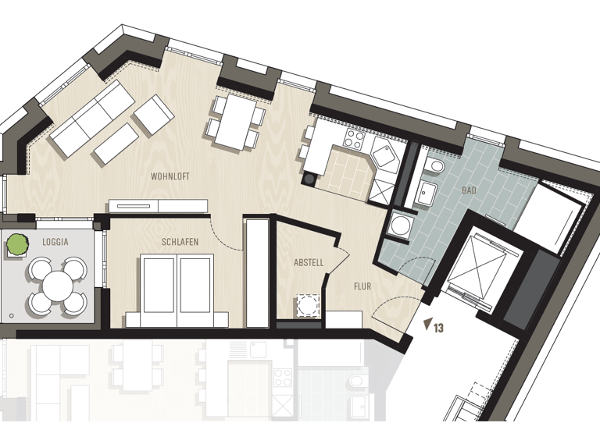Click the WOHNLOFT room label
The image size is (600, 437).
170,176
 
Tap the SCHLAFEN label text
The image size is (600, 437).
180,242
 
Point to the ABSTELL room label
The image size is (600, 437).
309,263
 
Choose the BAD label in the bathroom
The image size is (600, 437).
469,190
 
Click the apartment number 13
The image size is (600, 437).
438,329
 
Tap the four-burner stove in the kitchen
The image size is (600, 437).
354,141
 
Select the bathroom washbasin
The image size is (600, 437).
427,192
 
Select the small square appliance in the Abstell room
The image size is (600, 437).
308,304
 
